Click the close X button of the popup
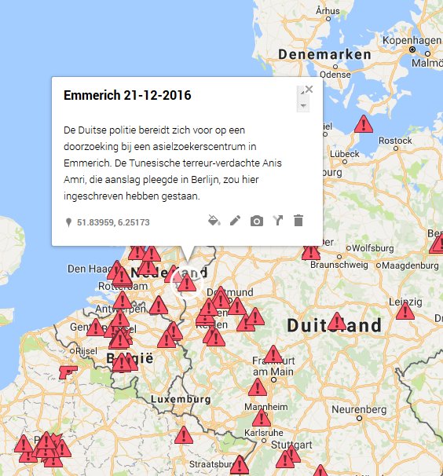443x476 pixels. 309,90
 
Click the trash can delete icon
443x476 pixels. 298,221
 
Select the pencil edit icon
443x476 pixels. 235,221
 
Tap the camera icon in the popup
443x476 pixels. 256,221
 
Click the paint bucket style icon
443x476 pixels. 214,221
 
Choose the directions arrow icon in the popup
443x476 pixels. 277,221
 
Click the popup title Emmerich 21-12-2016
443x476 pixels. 127,96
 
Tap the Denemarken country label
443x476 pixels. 324,55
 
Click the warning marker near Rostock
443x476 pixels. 363,124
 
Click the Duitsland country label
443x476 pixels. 334,325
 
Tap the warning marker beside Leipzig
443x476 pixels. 405,312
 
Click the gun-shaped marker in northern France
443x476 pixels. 68,371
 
